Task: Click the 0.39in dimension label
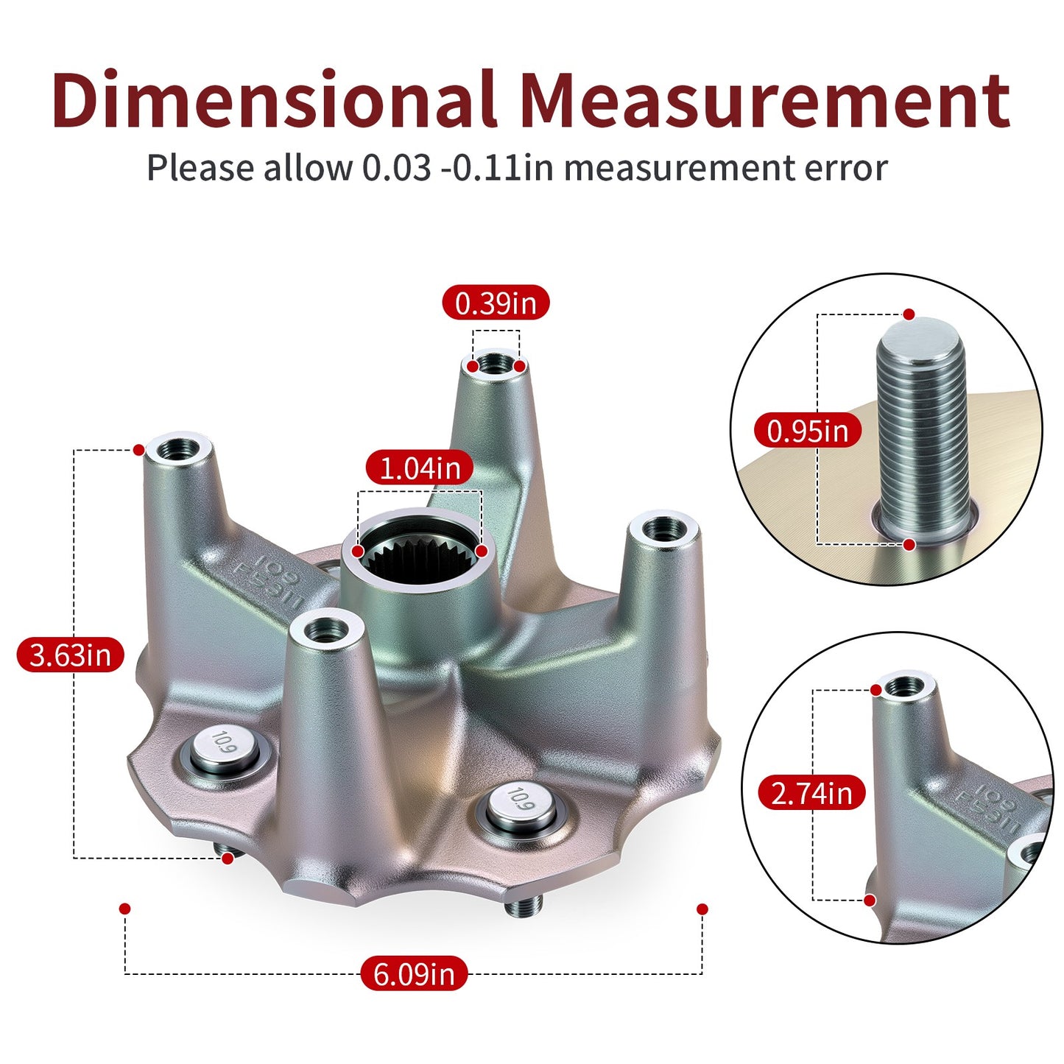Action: (x=496, y=303)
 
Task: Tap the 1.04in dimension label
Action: (x=420, y=468)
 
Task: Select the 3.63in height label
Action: (x=70, y=655)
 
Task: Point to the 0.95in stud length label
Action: (x=807, y=430)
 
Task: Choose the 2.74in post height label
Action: (x=811, y=793)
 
